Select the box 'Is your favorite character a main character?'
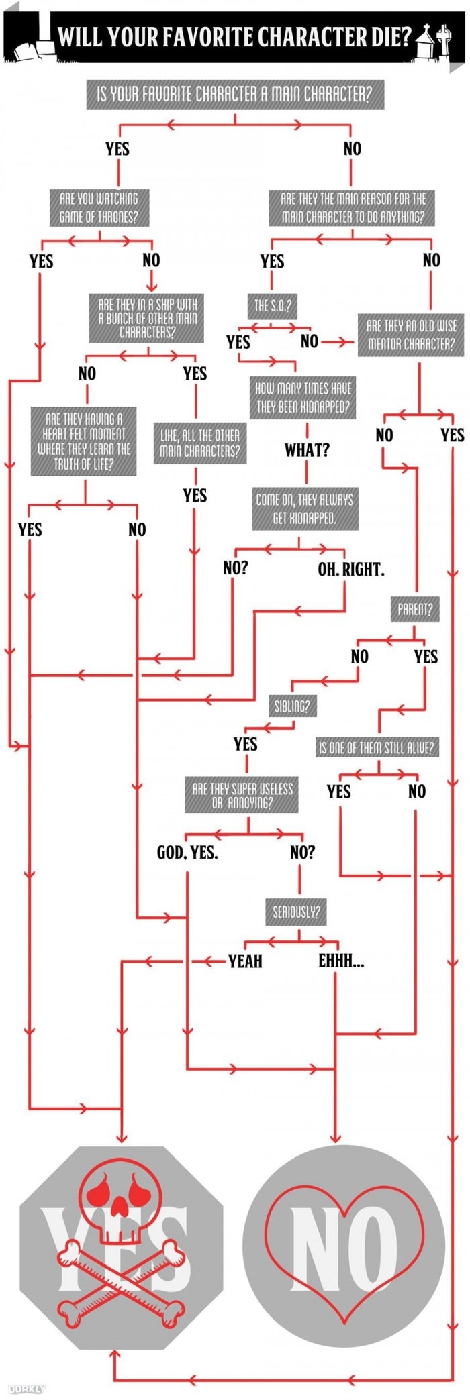click(234, 94)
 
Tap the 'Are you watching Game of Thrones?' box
click(99, 207)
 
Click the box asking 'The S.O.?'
click(272, 306)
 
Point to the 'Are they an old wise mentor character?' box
click(410, 335)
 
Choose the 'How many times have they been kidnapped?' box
click(303, 398)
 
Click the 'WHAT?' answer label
click(307, 450)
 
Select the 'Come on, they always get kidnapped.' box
click(304, 508)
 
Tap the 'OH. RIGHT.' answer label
click(350, 570)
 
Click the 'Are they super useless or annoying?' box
click(242, 795)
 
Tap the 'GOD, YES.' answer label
click(187, 852)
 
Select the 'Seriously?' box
click(296, 912)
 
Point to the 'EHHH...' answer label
click(341, 961)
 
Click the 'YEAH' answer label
click(245, 961)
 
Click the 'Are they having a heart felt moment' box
click(84, 441)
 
